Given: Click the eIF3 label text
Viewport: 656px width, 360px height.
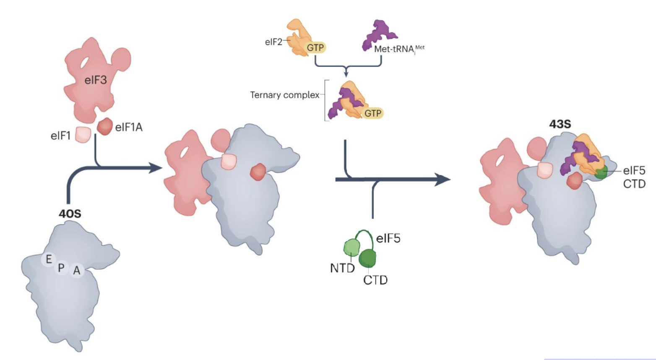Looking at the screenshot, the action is click(96, 80).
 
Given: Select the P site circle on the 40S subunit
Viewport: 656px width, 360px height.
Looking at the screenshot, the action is click(61, 267).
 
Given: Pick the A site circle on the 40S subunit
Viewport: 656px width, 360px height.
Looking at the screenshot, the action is click(76, 271).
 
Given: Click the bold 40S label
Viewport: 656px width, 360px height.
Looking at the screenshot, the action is click(70, 214).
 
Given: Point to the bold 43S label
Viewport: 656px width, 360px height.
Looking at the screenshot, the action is click(560, 124).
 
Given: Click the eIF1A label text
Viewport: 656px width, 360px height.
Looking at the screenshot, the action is click(129, 127).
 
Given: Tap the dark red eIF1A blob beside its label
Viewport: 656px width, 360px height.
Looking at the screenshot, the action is click(104, 126).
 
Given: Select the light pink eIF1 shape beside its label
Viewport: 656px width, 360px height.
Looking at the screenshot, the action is click(83, 135).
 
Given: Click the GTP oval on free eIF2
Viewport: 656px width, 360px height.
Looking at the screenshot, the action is click(315, 48).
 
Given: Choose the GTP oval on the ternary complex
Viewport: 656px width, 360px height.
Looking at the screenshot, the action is click(372, 113).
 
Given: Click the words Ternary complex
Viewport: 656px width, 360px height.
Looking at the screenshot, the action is click(285, 95).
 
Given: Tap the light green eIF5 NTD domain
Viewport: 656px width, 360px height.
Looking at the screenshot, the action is click(352, 248).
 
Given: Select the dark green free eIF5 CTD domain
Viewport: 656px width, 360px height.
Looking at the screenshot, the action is click(368, 258).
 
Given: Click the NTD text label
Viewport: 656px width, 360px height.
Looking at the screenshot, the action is click(342, 268).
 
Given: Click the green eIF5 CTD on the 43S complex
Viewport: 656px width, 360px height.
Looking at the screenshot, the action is click(601, 172).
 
